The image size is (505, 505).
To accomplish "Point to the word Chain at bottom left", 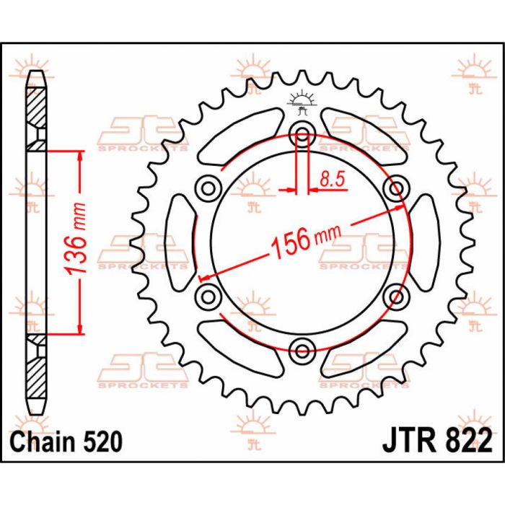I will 41,439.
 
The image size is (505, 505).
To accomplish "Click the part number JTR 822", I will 434,439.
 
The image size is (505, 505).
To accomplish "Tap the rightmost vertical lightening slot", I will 423,242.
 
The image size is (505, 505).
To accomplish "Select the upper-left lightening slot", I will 238,137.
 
